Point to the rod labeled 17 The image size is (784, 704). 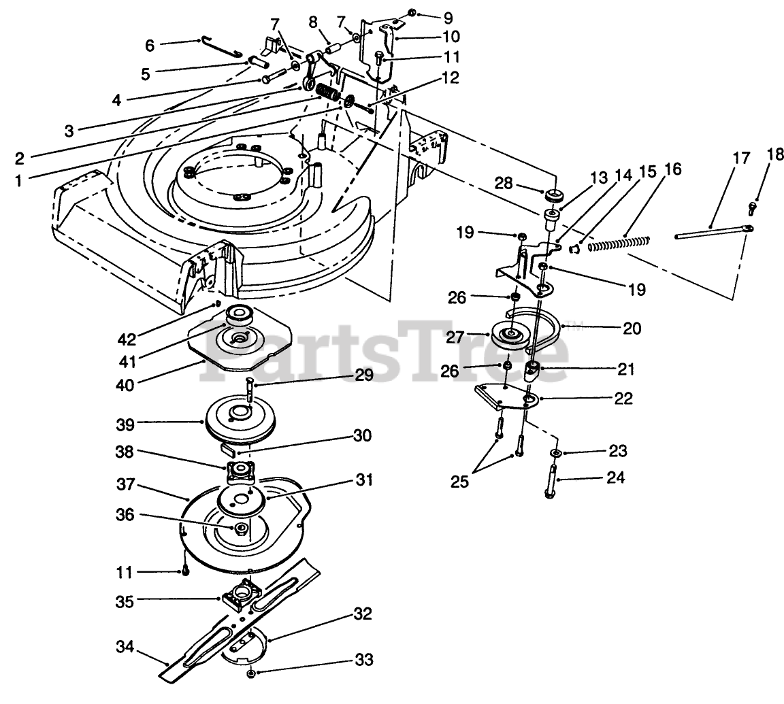click(708, 233)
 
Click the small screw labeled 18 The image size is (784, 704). click(753, 206)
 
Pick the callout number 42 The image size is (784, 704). click(150, 46)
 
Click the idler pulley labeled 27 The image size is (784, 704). click(510, 337)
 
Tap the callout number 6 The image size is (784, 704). click(150, 46)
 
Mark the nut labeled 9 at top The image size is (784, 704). click(414, 14)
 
